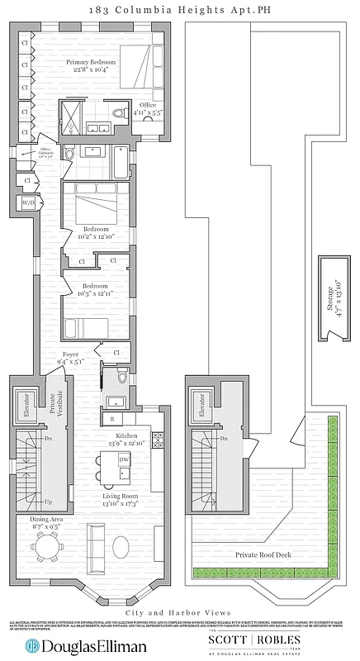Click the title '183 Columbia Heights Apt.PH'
click(180, 10)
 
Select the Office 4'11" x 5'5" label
click(149, 108)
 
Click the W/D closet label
click(29, 202)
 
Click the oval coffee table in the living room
click(122, 547)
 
